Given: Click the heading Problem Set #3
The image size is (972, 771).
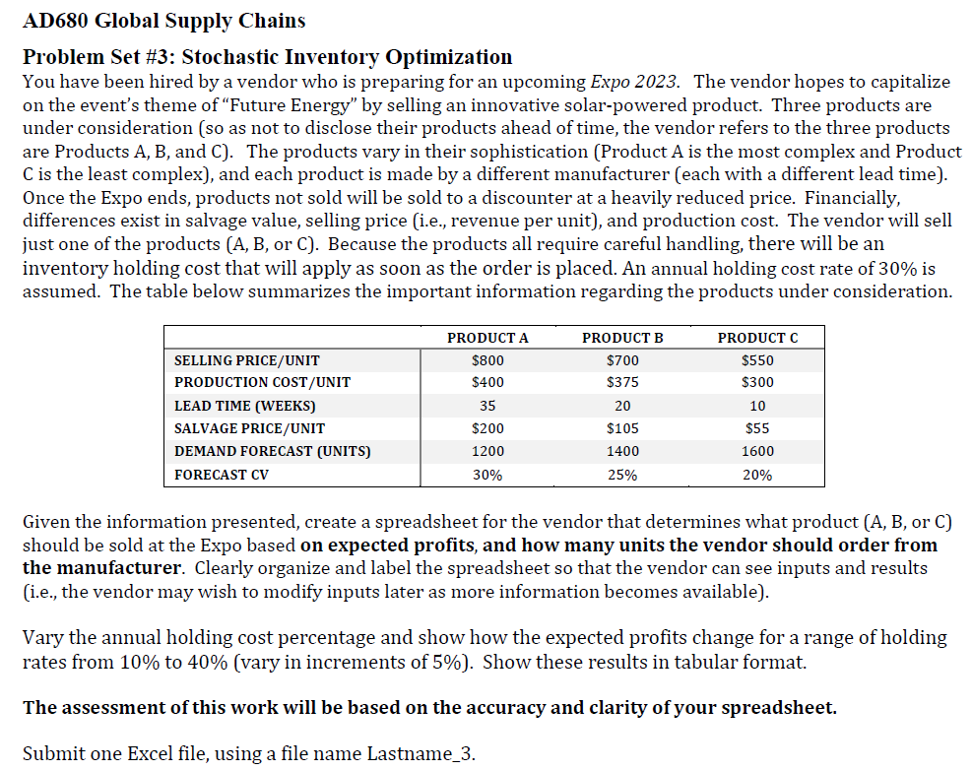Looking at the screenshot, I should pyautogui.click(x=107, y=57).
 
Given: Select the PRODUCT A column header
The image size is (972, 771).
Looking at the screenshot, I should pyautogui.click(x=487, y=338).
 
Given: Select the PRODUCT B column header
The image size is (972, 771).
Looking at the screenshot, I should pyautogui.click(x=622, y=338).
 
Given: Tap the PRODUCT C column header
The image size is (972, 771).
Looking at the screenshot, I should pyautogui.click(x=757, y=338).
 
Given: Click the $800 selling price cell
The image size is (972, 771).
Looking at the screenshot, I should pyautogui.click(x=487, y=360).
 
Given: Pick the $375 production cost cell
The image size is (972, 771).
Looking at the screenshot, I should pyautogui.click(x=622, y=382).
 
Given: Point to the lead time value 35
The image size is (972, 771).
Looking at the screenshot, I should pyautogui.click(x=487, y=406).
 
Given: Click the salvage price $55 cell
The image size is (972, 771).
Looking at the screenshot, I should pyautogui.click(x=757, y=428).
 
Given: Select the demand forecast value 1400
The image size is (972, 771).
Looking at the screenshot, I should pyautogui.click(x=622, y=451).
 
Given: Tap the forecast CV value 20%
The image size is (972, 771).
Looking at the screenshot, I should pyautogui.click(x=757, y=475).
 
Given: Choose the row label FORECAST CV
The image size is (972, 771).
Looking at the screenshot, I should pyautogui.click(x=222, y=475).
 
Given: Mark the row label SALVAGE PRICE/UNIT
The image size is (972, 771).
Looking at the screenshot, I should pyautogui.click(x=249, y=428).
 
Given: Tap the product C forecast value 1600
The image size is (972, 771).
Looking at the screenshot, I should pyautogui.click(x=757, y=451).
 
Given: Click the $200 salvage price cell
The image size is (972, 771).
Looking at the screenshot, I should pyautogui.click(x=487, y=428).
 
